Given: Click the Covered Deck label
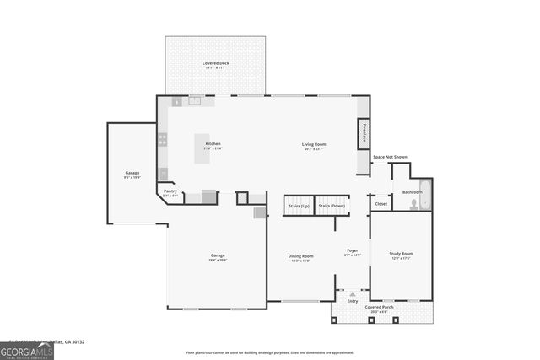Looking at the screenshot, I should pyautogui.click(x=215, y=65).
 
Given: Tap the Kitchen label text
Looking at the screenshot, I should pyautogui.click(x=213, y=145).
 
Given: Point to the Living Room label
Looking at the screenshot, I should pyautogui.click(x=314, y=145).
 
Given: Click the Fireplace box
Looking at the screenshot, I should pyautogui.click(x=364, y=133).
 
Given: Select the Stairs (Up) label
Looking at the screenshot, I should pyautogui.click(x=299, y=206).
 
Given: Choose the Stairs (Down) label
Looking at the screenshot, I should pyautogui.click(x=332, y=206).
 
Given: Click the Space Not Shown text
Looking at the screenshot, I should pyautogui.click(x=390, y=157).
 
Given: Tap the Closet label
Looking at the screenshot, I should pyautogui.click(x=381, y=203).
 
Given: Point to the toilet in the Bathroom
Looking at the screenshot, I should pyautogui.click(x=413, y=205).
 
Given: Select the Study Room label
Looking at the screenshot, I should pyautogui.click(x=401, y=255).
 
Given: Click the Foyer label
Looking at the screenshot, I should pyautogui.click(x=353, y=252).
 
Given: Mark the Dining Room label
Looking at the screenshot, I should pyautogui.click(x=301, y=257).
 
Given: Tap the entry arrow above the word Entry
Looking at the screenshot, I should pyautogui.click(x=353, y=294).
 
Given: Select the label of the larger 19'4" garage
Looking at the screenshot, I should pyautogui.click(x=218, y=256).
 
